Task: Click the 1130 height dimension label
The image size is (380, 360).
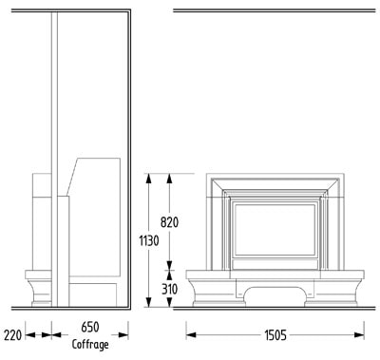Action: [149, 241]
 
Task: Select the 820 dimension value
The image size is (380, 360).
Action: [169, 222]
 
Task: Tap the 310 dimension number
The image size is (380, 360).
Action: [169, 289]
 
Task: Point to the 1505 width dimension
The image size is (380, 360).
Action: [275, 334]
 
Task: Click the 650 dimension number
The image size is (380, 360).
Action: [90, 327]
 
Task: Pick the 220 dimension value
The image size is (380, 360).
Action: [12, 334]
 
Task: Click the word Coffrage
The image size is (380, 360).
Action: [90, 345]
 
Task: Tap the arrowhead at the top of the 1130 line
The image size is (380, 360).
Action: [148, 179]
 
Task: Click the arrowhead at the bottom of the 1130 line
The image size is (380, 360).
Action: [148, 302]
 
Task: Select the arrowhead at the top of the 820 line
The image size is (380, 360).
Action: [169, 179]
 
